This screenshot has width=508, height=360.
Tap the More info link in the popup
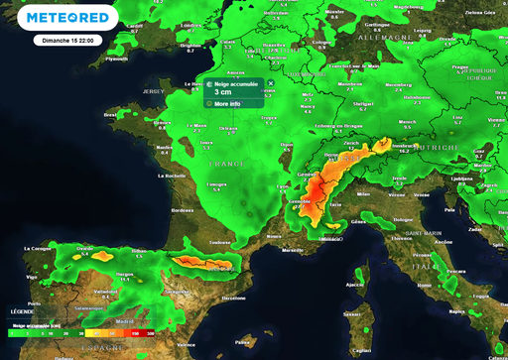[227, 103]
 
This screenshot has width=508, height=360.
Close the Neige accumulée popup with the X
[270, 83]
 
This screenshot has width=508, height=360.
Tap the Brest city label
[111, 114]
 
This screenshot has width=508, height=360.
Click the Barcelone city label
[233, 298]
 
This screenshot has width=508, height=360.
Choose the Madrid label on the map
[124, 321]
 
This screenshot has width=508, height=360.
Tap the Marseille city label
[293, 250]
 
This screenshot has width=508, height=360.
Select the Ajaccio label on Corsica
[354, 285]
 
